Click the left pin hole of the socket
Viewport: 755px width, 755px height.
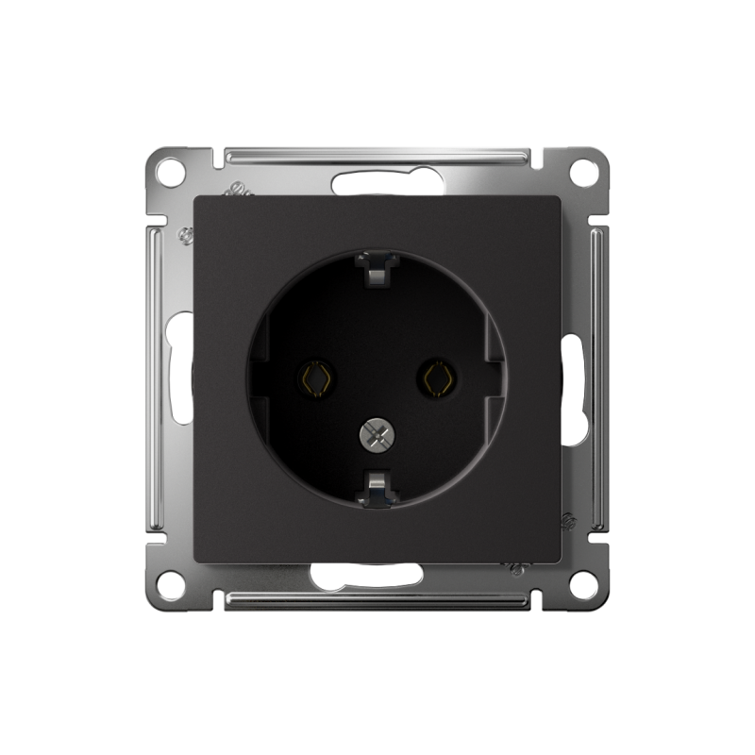tap(315, 378)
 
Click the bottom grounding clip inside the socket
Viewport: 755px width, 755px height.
tap(376, 489)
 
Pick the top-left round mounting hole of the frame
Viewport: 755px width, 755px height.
tap(169, 173)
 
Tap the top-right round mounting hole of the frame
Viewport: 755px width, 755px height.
tap(584, 173)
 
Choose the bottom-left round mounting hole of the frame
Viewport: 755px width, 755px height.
tap(169, 584)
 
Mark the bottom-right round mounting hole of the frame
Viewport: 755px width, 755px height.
tap(584, 584)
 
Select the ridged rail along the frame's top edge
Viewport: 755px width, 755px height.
tap(377, 155)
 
